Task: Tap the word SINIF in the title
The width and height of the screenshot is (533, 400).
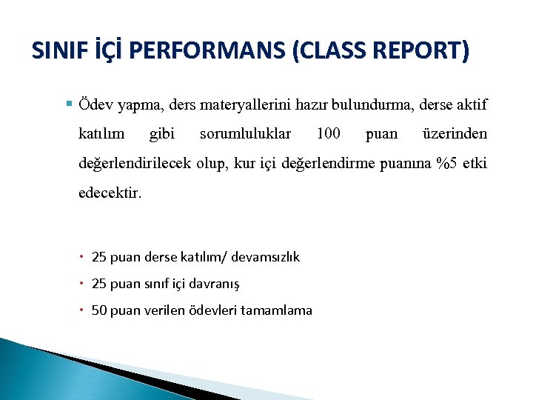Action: click(x=57, y=51)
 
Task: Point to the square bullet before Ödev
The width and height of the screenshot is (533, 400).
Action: click(x=69, y=104)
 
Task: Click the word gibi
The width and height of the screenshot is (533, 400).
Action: click(x=162, y=134)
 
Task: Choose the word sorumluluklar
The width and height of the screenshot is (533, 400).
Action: click(x=245, y=134)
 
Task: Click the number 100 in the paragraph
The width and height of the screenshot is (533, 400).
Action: click(x=328, y=134)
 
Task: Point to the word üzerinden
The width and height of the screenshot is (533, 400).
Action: click(x=454, y=134)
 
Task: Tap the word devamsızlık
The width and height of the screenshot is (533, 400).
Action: click(x=266, y=257)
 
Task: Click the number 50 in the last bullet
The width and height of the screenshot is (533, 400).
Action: click(x=98, y=310)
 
